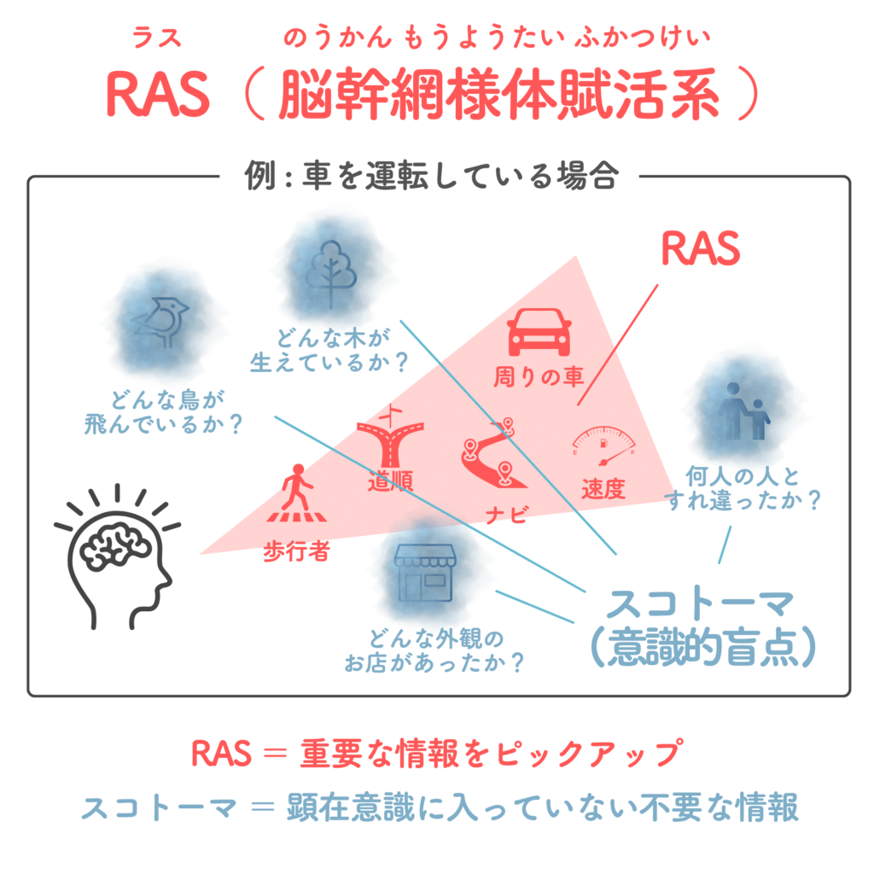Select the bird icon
pos(160,321)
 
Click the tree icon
pos(332,267)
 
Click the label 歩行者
pos(296,552)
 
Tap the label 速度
pos(604,489)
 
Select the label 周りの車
pos(539,377)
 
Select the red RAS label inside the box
pos(701,249)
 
